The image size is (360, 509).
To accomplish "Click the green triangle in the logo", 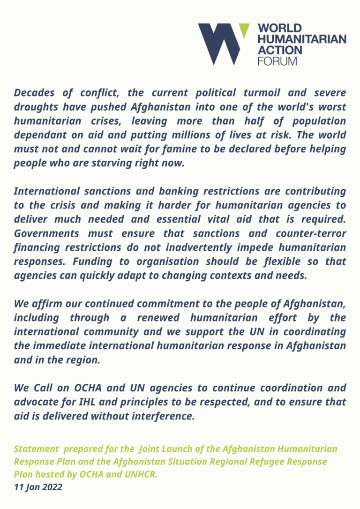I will click(x=244, y=30).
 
